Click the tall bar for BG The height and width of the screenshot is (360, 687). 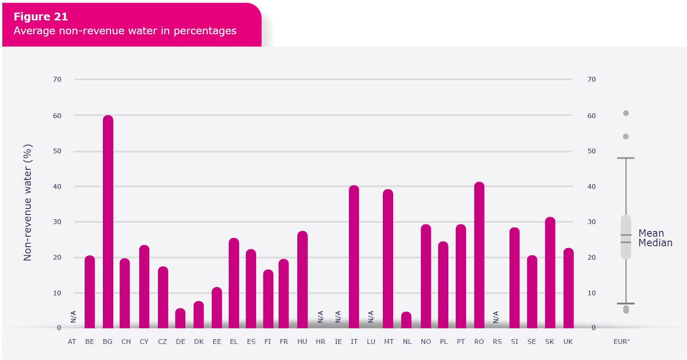click(108, 221)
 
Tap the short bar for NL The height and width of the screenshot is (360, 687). click(406, 320)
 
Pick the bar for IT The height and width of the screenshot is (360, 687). click(354, 257)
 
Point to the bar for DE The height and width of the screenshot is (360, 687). click(180, 318)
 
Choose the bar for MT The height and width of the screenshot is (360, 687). click(388, 259)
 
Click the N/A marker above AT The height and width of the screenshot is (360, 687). click(73, 317)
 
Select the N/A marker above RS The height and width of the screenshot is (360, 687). click(496, 317)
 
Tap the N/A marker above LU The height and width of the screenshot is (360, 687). click(371, 317)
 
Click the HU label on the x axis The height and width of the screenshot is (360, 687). click(302, 342)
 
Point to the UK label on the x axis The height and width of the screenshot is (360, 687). click(568, 342)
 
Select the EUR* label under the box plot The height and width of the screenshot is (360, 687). click(621, 342)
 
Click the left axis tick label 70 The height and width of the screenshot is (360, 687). click(57, 79)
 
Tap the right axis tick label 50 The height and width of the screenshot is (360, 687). click(592, 151)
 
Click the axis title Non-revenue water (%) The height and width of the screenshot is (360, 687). click(28, 202)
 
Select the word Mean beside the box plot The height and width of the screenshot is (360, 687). click(651, 233)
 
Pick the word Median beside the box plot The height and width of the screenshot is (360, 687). click(655, 243)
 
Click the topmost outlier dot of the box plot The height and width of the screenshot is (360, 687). click(626, 113)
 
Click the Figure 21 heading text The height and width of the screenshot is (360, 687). click(41, 17)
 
